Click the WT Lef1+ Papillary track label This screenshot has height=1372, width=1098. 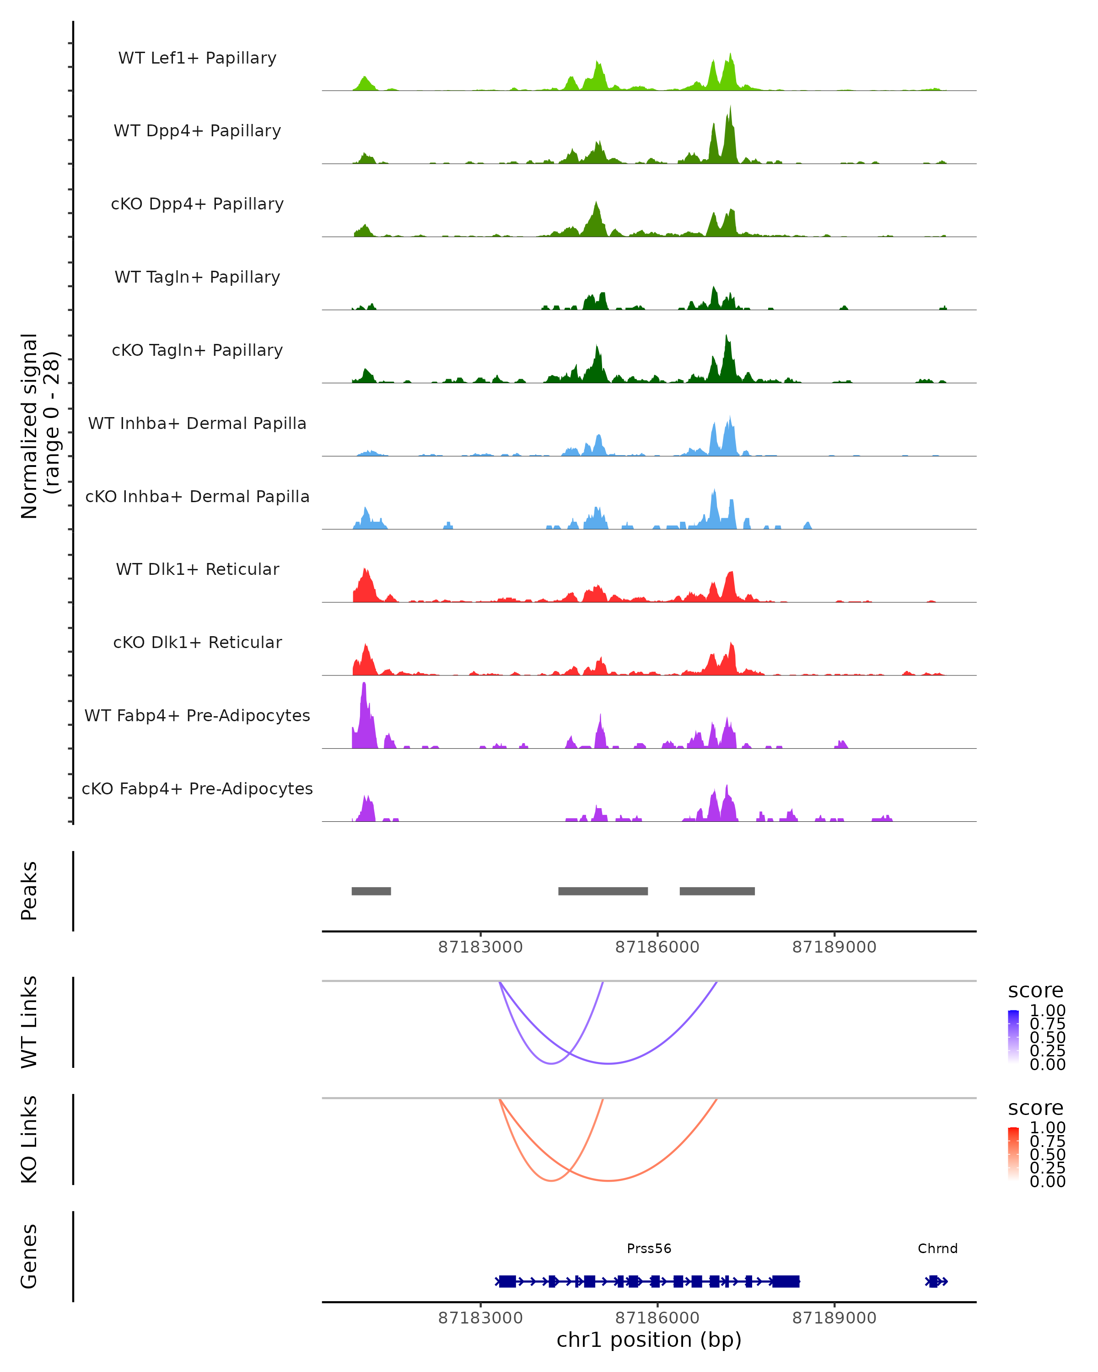(x=197, y=58)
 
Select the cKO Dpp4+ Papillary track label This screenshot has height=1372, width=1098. (x=197, y=204)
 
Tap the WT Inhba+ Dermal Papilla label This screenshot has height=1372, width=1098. (x=197, y=424)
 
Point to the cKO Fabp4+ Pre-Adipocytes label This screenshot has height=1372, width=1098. (x=197, y=789)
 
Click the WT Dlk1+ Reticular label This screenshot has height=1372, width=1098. (x=197, y=569)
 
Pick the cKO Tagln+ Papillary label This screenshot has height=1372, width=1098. (x=197, y=351)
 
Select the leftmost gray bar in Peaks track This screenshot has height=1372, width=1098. (x=371, y=891)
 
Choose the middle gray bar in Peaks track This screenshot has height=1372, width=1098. (x=603, y=891)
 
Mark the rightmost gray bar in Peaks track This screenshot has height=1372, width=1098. (x=717, y=891)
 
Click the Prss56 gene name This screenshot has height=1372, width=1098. (x=649, y=1249)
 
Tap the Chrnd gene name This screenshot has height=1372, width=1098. (x=937, y=1249)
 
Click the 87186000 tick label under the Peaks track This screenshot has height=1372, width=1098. (x=657, y=947)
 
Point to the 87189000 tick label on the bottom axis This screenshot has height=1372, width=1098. (x=834, y=1318)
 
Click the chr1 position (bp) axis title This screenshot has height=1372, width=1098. (x=649, y=1340)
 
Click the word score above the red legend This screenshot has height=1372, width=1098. (x=1035, y=1108)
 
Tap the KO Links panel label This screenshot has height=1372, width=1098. (x=29, y=1140)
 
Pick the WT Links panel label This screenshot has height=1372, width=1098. (x=29, y=1022)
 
